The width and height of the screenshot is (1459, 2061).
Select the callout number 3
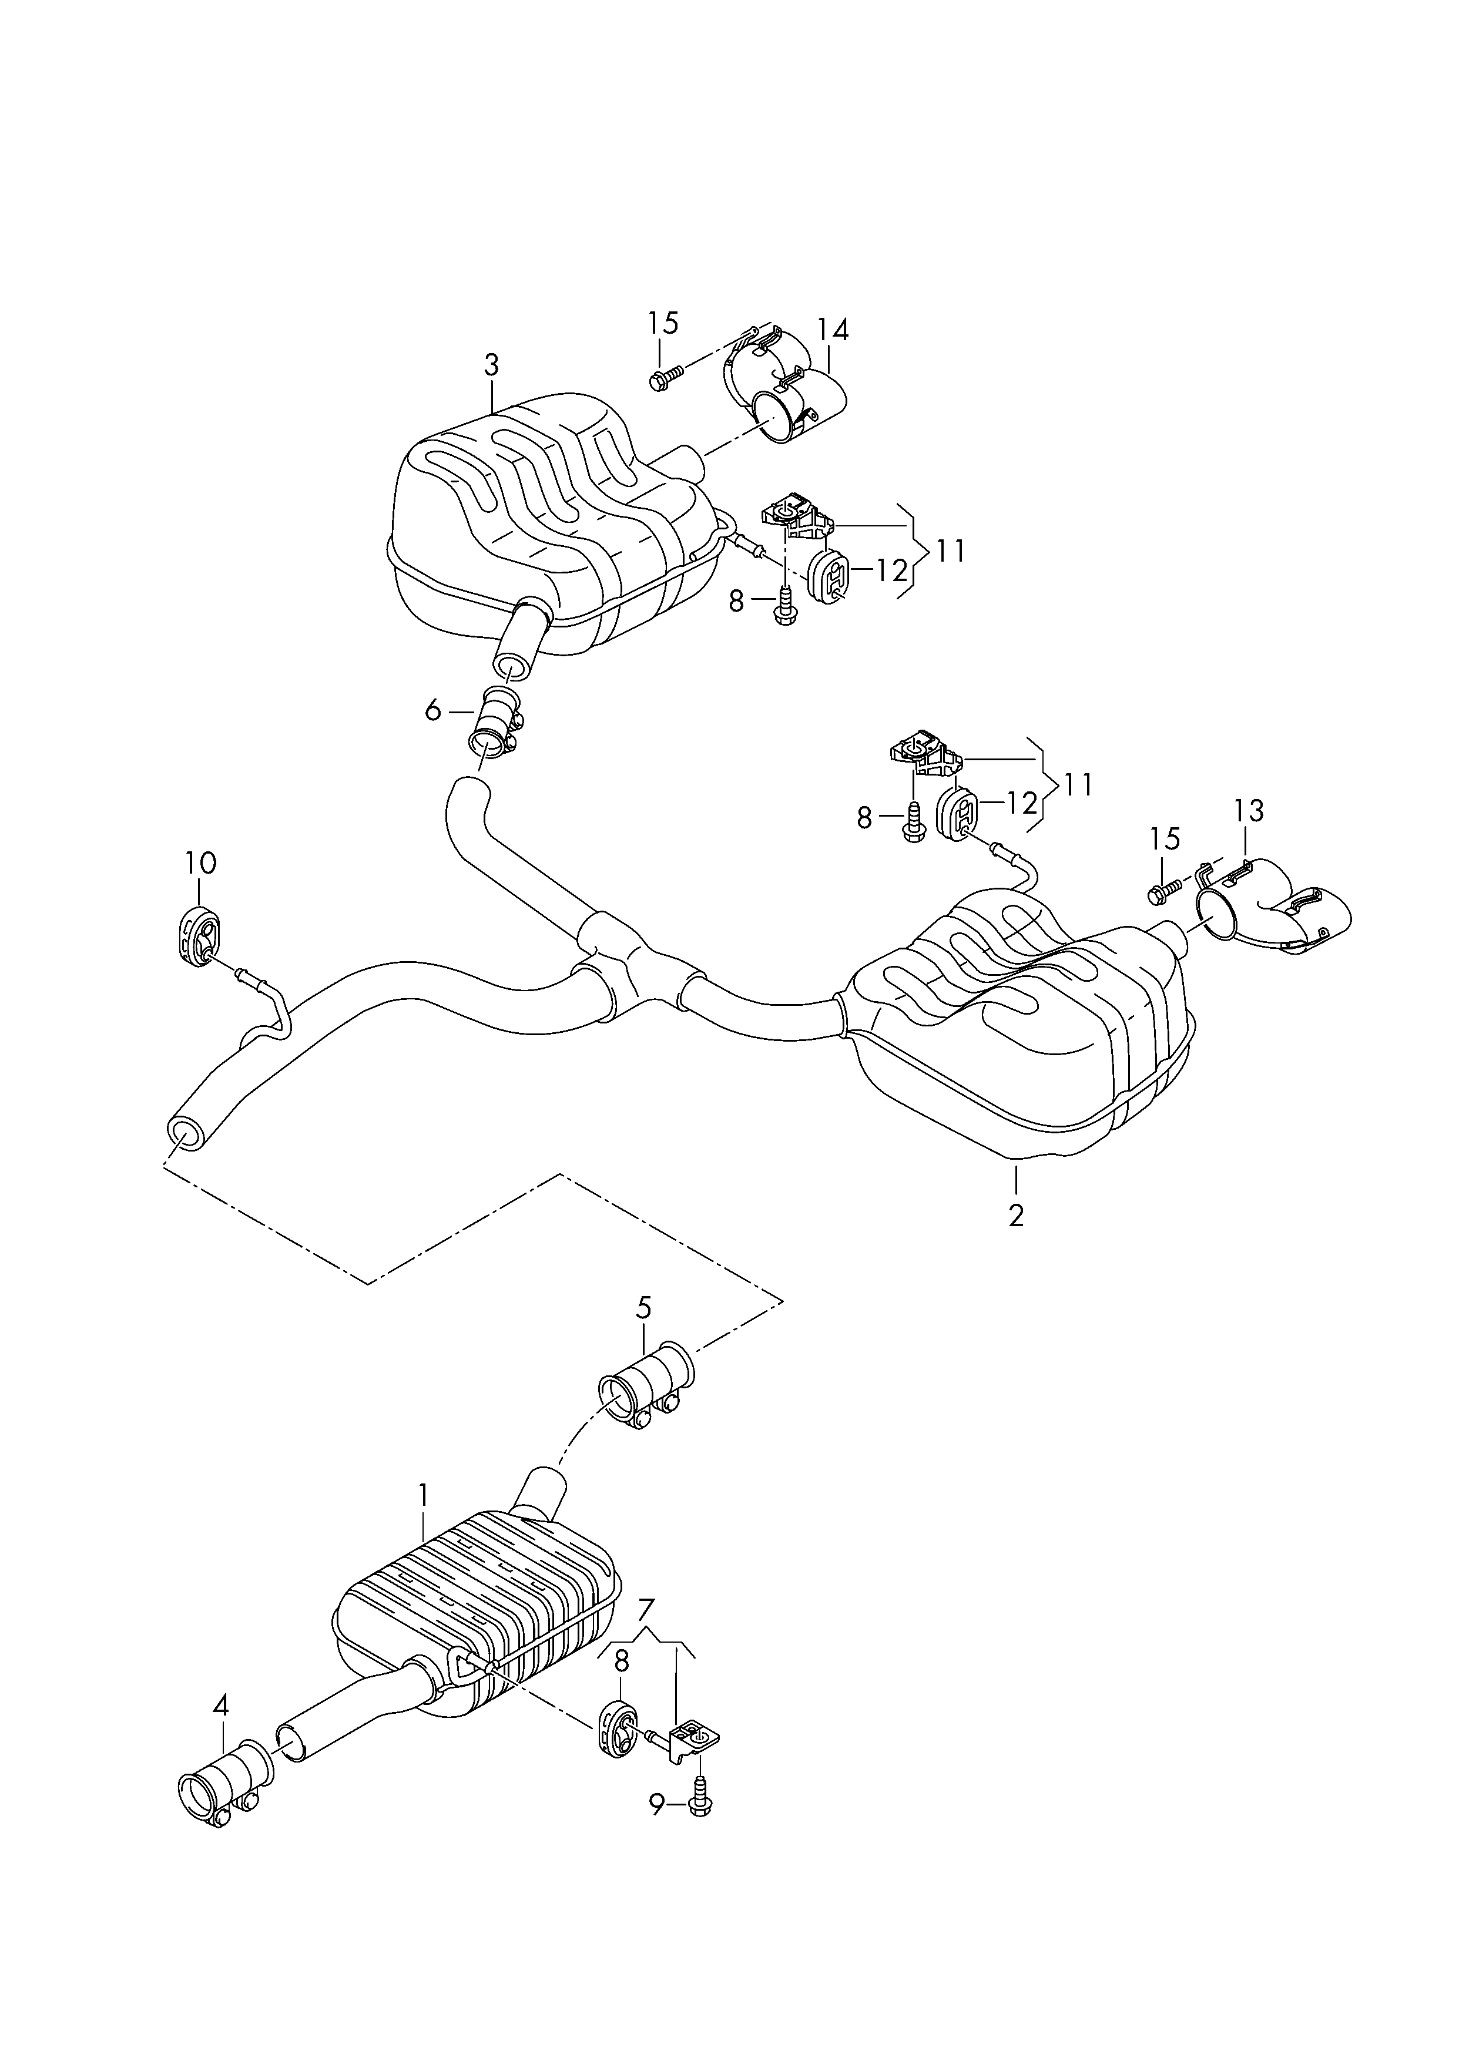point(491,365)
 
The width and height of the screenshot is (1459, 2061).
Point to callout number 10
point(201,864)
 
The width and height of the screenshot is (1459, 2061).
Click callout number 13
point(1249,811)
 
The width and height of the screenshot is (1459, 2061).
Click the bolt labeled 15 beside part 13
point(1165,890)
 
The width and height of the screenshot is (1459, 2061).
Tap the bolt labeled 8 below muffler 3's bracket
point(784,605)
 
